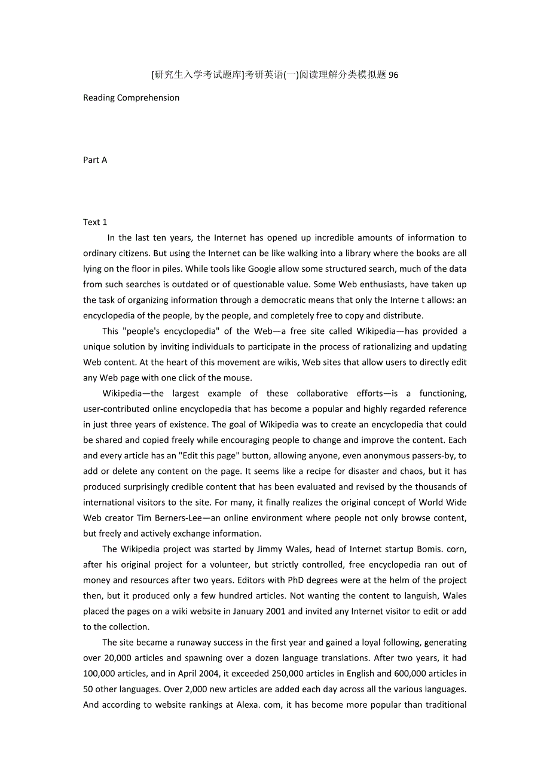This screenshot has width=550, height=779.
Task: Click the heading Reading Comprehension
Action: tap(131, 98)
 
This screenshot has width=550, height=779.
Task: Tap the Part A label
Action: tap(95, 160)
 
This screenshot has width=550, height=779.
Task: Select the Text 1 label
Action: tap(95, 222)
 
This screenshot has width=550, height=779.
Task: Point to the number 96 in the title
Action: tap(393, 75)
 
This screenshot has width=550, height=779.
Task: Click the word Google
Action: tap(262, 269)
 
